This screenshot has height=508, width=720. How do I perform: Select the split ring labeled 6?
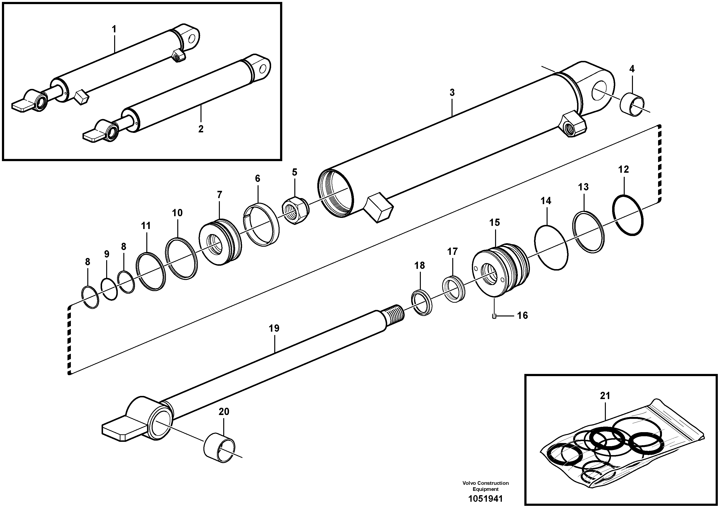(261, 224)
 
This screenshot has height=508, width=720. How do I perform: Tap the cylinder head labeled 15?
(500, 270)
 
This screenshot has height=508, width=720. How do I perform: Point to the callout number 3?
(452, 93)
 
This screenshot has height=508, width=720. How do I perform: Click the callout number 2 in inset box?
(201, 129)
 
